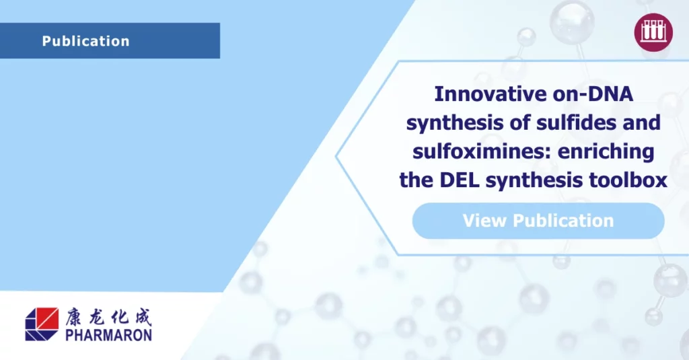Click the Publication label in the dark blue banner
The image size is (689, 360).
(x=85, y=41)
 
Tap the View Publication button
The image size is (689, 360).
(x=538, y=221)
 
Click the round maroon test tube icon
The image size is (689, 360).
(x=653, y=32)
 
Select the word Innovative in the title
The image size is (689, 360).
(x=491, y=94)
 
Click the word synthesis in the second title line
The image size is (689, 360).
(x=454, y=122)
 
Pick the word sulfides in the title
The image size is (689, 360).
(x=573, y=122)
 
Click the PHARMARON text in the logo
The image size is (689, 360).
(x=108, y=335)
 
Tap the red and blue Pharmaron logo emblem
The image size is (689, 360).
(x=42, y=324)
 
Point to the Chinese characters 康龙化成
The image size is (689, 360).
(x=108, y=317)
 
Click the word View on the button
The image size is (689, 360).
(x=484, y=221)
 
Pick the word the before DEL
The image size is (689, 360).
(x=416, y=180)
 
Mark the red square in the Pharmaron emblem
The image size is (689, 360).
(x=48, y=318)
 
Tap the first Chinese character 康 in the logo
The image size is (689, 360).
(x=75, y=317)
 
